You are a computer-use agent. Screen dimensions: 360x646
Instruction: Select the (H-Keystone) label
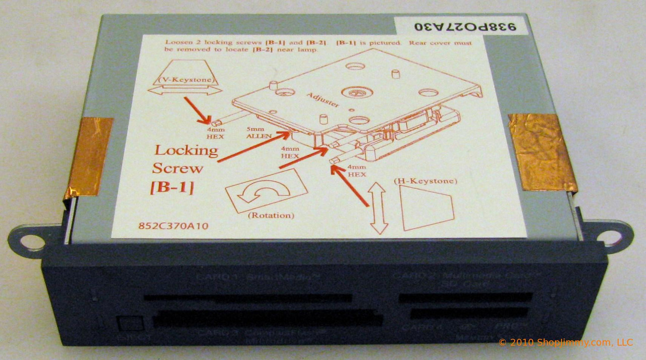(x=424, y=180)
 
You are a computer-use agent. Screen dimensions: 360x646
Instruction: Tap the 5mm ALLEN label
(x=259, y=133)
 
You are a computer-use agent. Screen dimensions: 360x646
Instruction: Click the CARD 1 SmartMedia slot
(x=247, y=298)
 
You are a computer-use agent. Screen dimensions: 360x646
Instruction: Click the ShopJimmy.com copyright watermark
(x=565, y=342)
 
